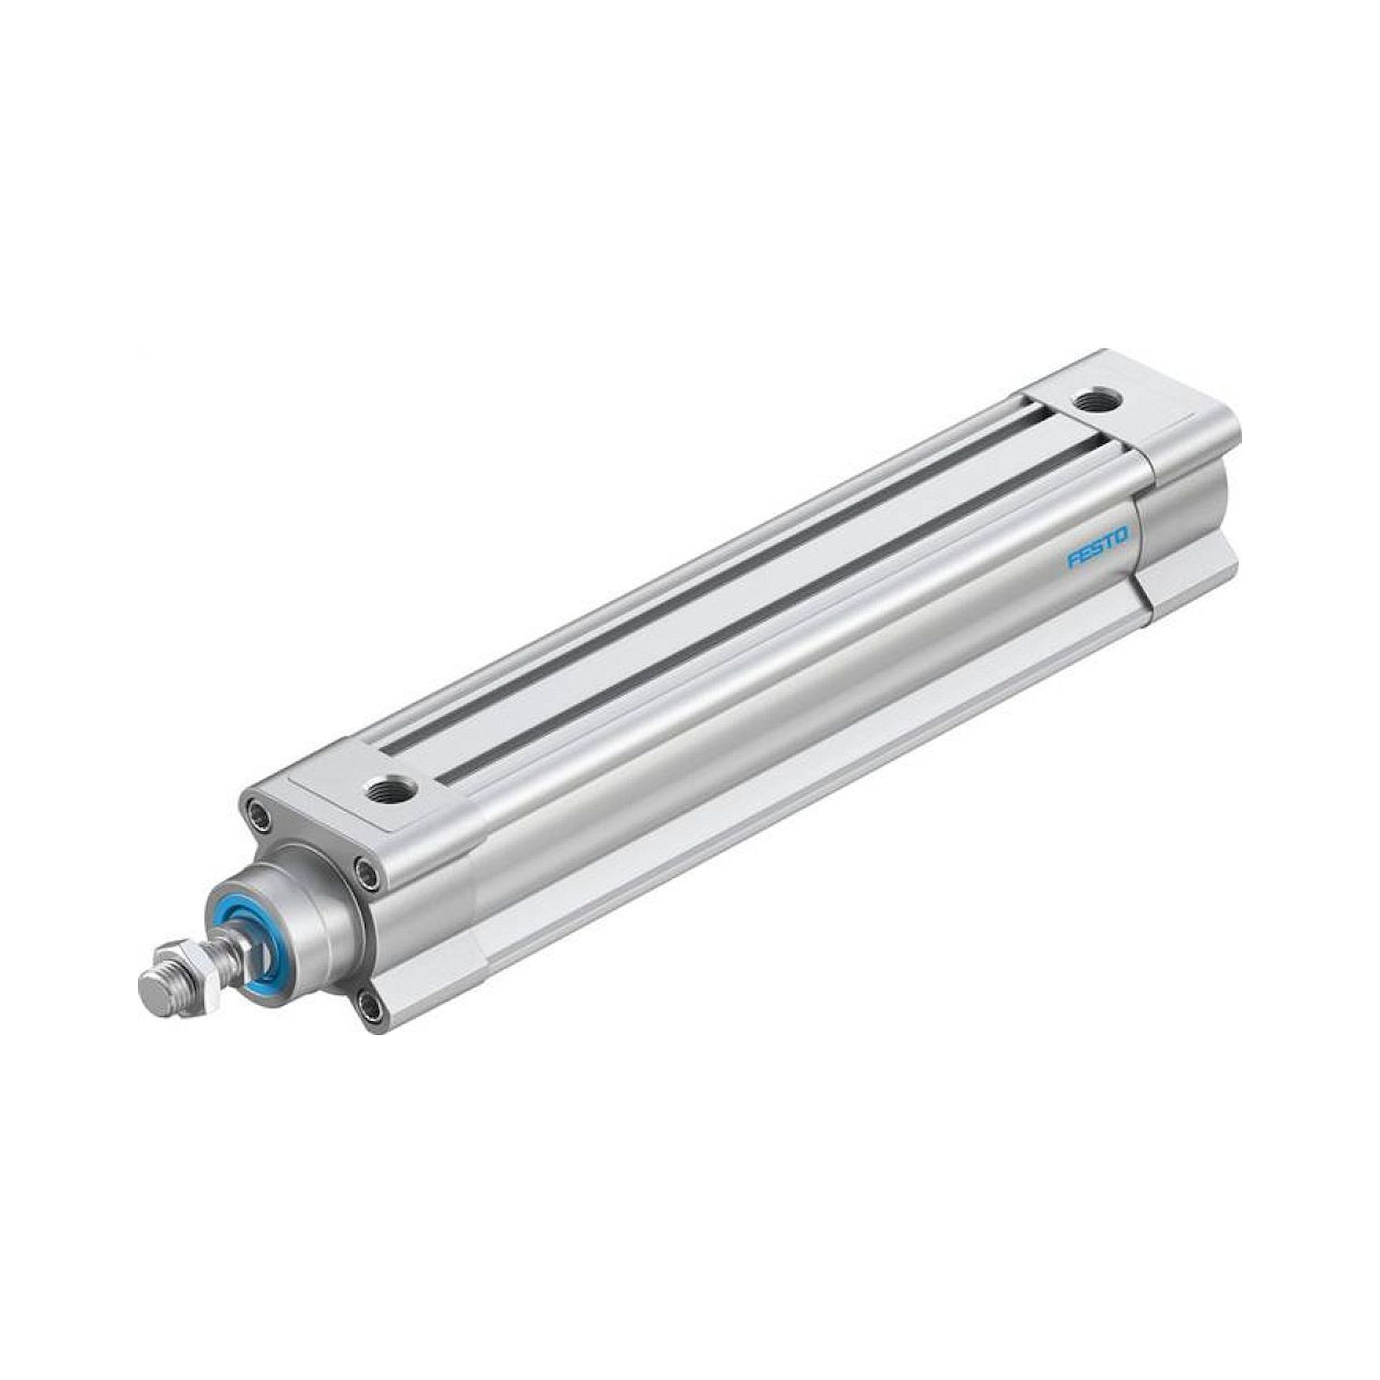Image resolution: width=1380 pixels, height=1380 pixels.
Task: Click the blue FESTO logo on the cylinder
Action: click(x=1098, y=548)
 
